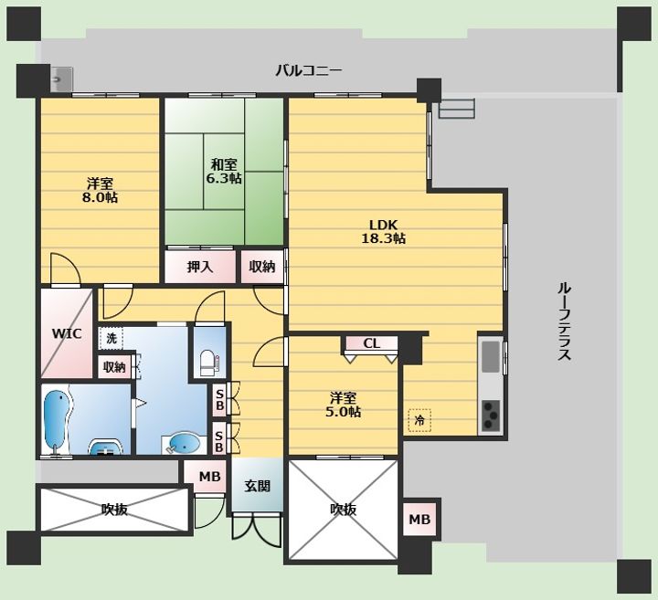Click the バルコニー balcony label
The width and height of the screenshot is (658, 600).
309,70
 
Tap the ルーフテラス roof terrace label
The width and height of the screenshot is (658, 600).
565,321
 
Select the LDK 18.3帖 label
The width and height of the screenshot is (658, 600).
383,231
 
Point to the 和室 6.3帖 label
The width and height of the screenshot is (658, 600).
224,171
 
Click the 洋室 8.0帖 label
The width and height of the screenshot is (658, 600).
100,190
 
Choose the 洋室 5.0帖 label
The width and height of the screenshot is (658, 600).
343,405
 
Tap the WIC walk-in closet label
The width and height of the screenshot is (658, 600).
67,334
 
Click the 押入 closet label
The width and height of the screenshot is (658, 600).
200,267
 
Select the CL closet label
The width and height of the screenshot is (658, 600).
371,343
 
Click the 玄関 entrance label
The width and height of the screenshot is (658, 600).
257,486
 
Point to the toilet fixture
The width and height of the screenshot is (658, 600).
208,363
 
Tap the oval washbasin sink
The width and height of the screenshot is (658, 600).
184,443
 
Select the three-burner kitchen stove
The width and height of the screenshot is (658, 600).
490,416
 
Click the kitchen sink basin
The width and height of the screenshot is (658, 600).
490,357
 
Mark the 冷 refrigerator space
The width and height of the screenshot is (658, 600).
419,420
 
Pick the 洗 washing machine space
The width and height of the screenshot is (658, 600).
111,338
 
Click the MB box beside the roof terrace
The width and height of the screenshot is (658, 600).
420,519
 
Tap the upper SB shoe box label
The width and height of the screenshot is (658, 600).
218,400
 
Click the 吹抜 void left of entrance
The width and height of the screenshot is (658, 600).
114,510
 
